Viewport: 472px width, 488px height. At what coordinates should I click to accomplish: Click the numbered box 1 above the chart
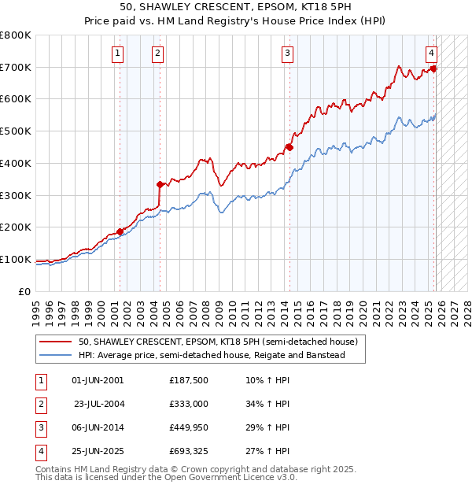[117, 54]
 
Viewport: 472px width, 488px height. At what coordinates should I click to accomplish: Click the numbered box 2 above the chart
[157, 54]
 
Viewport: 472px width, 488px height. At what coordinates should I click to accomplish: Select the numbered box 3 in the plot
[287, 54]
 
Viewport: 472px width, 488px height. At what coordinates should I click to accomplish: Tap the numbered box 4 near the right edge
[432, 54]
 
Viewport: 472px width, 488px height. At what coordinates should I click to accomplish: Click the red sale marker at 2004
[160, 185]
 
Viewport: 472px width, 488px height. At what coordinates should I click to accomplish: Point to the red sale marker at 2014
[289, 147]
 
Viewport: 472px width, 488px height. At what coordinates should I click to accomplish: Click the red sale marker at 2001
[120, 231]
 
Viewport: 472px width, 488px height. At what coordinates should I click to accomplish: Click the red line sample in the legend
[57, 342]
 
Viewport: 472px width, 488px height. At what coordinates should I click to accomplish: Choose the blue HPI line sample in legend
[57, 356]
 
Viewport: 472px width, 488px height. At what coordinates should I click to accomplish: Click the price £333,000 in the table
[188, 404]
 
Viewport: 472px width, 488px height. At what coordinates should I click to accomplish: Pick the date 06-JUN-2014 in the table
[98, 427]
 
